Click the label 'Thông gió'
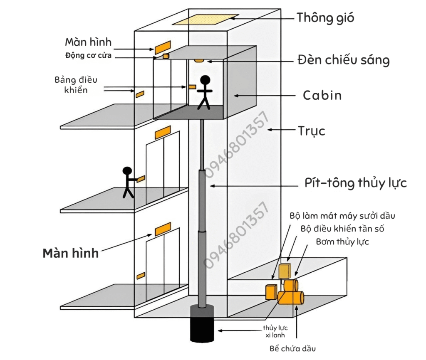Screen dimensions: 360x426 pyautogui.click(x=325, y=18)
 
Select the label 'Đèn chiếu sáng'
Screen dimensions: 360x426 pyautogui.click(x=344, y=60)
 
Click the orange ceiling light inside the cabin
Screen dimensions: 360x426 pyautogui.click(x=199, y=61)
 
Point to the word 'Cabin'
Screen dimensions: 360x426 pyautogui.click(x=322, y=96)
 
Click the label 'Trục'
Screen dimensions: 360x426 pyautogui.click(x=311, y=131)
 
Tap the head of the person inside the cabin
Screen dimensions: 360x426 pyautogui.click(x=205, y=80)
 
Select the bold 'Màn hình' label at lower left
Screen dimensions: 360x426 pyautogui.click(x=71, y=253)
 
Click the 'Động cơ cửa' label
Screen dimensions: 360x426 pyautogui.click(x=88, y=55)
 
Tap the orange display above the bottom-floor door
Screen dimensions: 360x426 pyautogui.click(x=163, y=229)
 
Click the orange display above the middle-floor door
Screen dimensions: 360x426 pyautogui.click(x=163, y=133)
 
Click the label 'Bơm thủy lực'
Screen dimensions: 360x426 pyautogui.click(x=342, y=242)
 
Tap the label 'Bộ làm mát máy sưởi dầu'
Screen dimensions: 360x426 pyautogui.click(x=342, y=216)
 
